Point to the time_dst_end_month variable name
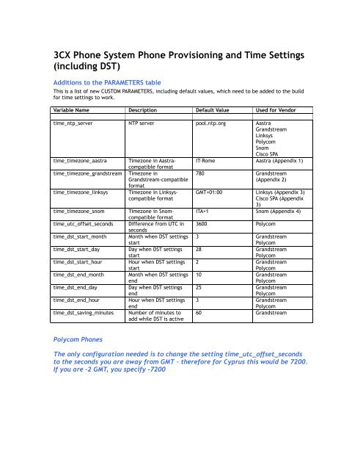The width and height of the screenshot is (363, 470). click(x=85, y=274)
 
